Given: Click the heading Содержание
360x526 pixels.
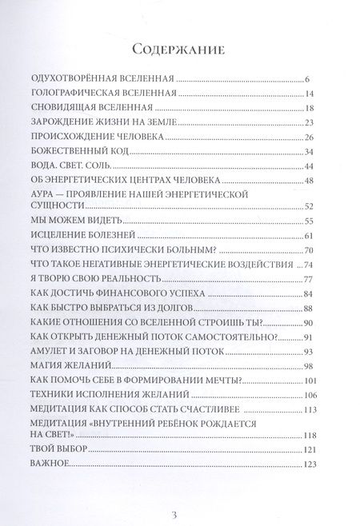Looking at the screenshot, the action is [180, 50].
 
